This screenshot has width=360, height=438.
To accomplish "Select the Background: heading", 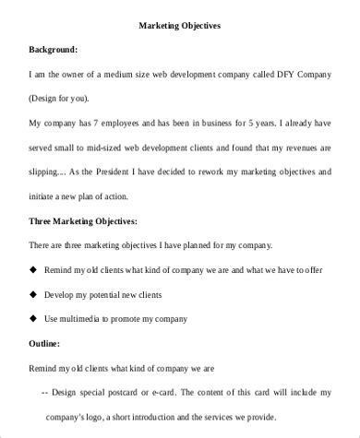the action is coord(53,49).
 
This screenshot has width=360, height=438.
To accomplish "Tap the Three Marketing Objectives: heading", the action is coord(83,222).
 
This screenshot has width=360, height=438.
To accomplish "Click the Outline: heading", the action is coord(45,343).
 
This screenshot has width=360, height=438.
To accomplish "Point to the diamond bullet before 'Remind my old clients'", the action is coord(33,271).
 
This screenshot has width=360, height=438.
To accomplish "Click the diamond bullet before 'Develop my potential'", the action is coord(33,295).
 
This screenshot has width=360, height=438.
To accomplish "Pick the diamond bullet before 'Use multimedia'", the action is coord(33,319).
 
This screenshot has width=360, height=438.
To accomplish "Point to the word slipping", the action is coord(49,170).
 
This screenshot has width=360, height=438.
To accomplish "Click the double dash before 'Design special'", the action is coord(47,391).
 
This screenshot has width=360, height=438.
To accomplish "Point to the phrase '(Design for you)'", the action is coord(63,98).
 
